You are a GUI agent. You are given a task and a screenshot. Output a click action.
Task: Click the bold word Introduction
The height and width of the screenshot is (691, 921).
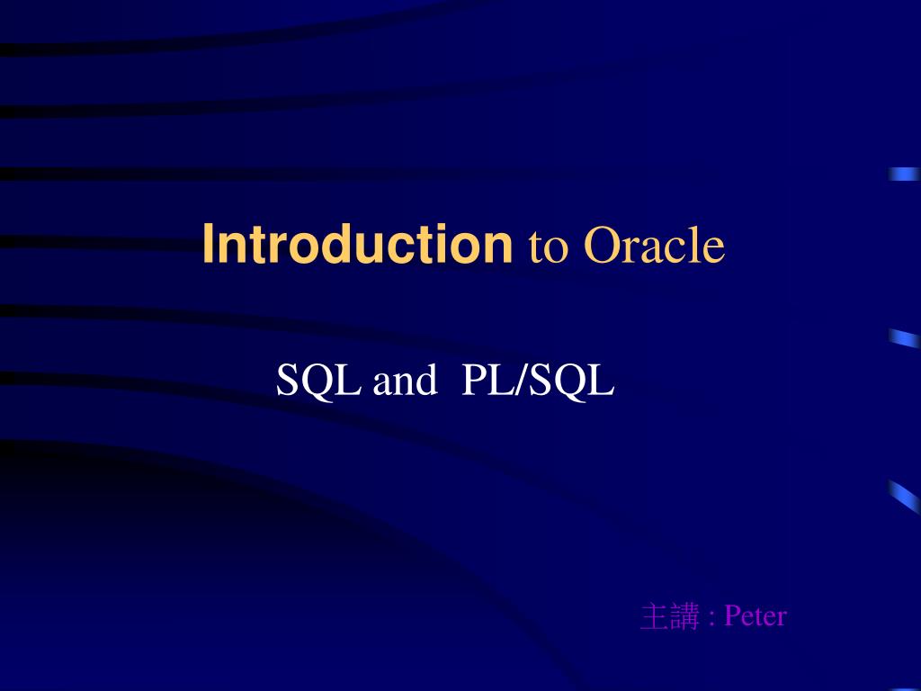click(356, 246)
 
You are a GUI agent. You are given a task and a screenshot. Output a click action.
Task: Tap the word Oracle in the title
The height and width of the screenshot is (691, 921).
click(654, 246)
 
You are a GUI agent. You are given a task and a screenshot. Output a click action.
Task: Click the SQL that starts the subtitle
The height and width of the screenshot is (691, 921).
click(318, 381)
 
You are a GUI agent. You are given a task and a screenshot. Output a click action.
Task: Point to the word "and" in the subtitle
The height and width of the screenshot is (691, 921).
click(404, 381)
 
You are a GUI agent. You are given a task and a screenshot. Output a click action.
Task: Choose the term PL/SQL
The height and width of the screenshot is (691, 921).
click(538, 381)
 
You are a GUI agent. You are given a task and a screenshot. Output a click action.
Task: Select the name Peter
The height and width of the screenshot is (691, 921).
click(756, 616)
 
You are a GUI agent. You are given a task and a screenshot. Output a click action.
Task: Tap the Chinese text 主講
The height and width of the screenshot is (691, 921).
click(669, 617)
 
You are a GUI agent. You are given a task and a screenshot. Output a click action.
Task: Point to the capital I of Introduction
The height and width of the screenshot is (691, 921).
click(208, 246)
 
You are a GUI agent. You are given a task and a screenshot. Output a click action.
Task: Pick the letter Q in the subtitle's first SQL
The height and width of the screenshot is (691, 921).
click(320, 382)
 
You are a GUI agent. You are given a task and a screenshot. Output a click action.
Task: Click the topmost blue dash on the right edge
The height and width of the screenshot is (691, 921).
click(903, 175)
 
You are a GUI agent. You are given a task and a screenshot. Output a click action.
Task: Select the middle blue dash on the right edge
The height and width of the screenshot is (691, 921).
click(903, 338)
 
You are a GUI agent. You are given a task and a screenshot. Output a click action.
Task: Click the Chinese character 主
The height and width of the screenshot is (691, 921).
click(654, 617)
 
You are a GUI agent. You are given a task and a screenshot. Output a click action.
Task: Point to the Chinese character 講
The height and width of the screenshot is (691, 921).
click(684, 617)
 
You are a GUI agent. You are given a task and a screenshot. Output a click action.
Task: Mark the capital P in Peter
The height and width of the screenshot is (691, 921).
click(731, 616)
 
